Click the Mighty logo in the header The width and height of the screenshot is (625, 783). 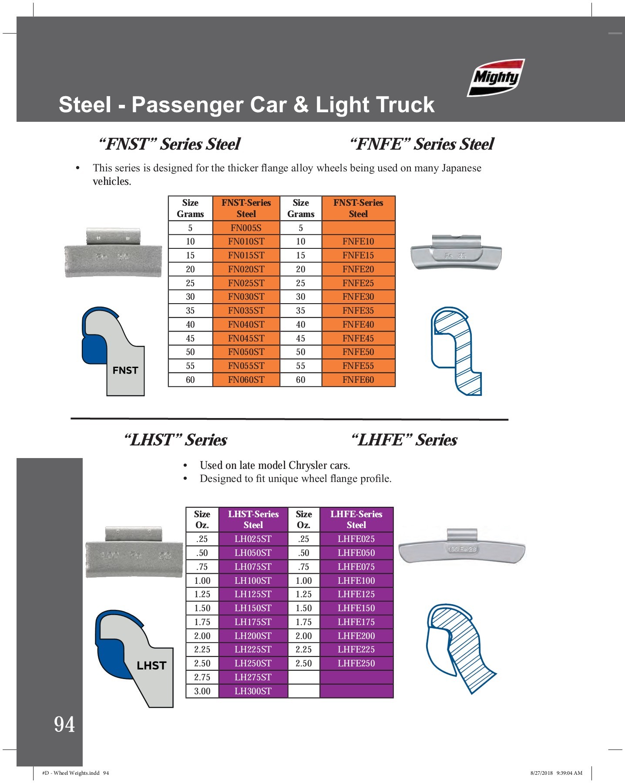click(x=496, y=77)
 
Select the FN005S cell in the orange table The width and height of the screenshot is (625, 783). click(x=246, y=228)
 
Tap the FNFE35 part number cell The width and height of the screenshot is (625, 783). click(x=358, y=311)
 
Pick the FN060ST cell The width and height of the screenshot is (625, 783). click(x=246, y=380)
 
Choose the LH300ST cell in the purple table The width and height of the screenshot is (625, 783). click(x=253, y=691)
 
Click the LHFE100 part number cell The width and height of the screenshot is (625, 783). click(x=356, y=580)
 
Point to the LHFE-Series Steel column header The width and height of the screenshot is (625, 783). click(x=356, y=519)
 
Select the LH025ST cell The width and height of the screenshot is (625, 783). click(x=253, y=539)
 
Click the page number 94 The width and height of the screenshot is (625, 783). click(x=64, y=725)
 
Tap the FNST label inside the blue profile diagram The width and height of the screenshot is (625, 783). click(x=125, y=370)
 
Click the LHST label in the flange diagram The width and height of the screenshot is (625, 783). click(x=151, y=666)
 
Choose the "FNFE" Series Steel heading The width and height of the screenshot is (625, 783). click(x=422, y=144)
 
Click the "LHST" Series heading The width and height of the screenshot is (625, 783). click(x=175, y=440)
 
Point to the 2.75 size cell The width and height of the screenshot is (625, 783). click(x=202, y=677)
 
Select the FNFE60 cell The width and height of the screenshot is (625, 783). click(x=358, y=380)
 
